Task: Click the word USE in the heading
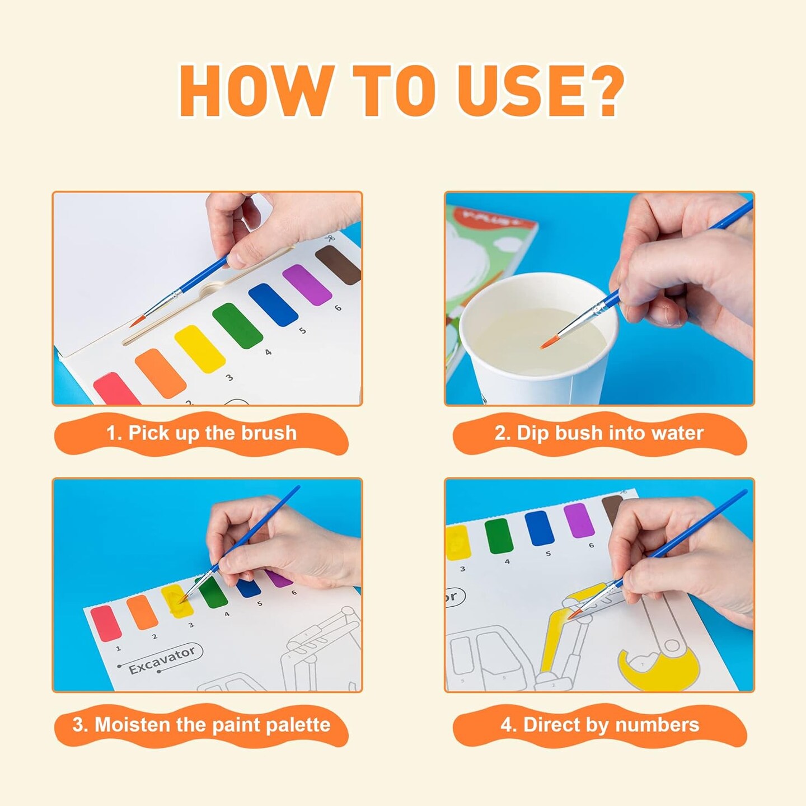521,91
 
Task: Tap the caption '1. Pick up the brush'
201,433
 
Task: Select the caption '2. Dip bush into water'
599,433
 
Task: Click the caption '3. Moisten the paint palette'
201,725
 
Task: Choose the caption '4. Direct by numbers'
599,725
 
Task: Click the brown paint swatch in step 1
338,265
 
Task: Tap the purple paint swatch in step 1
307,285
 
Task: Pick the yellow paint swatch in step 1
200,348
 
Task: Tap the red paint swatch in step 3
106,623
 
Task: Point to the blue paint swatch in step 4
540,528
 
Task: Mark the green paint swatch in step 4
499,536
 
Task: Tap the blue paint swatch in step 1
273,304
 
